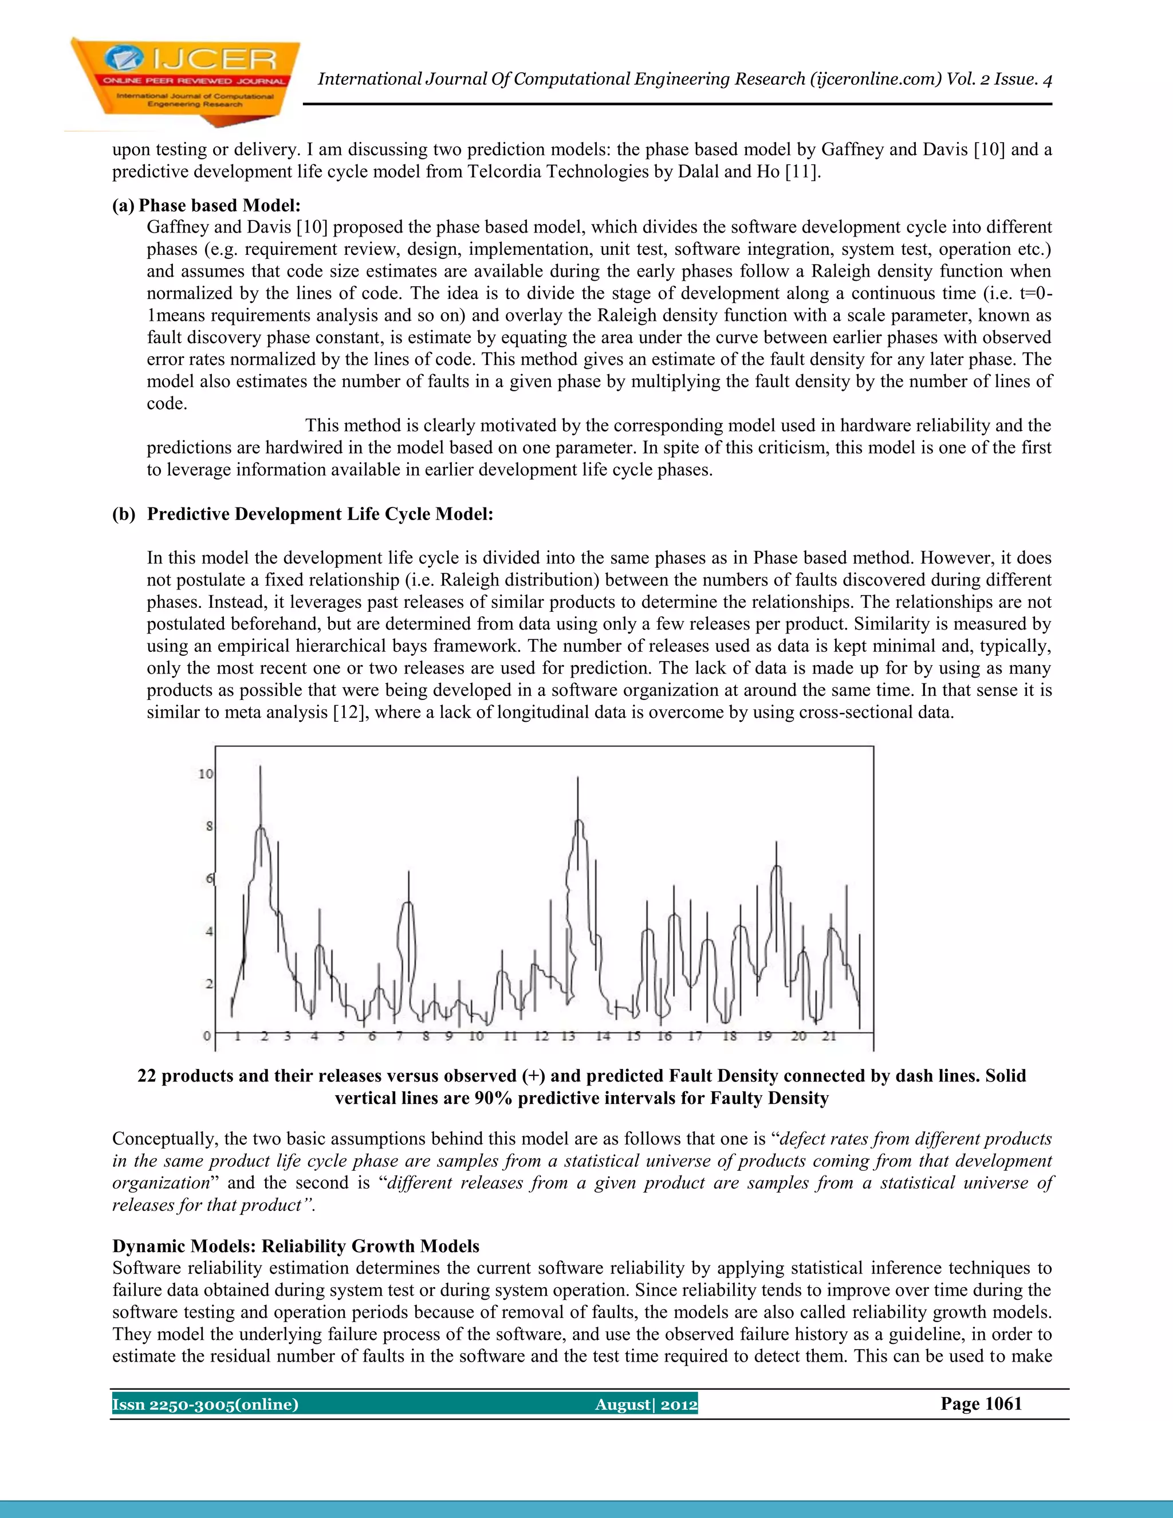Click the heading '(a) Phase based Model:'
(206, 205)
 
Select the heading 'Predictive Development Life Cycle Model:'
(320, 514)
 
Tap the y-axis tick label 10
(206, 773)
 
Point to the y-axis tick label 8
(208, 827)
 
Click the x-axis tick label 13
(568, 1036)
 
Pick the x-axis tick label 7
(400, 1036)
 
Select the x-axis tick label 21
(828, 1036)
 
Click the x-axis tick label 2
(264, 1036)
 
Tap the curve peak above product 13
(578, 821)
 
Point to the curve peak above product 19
(776, 866)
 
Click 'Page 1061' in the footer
(981, 1403)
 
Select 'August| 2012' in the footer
(645, 1405)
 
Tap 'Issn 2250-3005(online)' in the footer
(205, 1405)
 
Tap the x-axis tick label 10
(475, 1036)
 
